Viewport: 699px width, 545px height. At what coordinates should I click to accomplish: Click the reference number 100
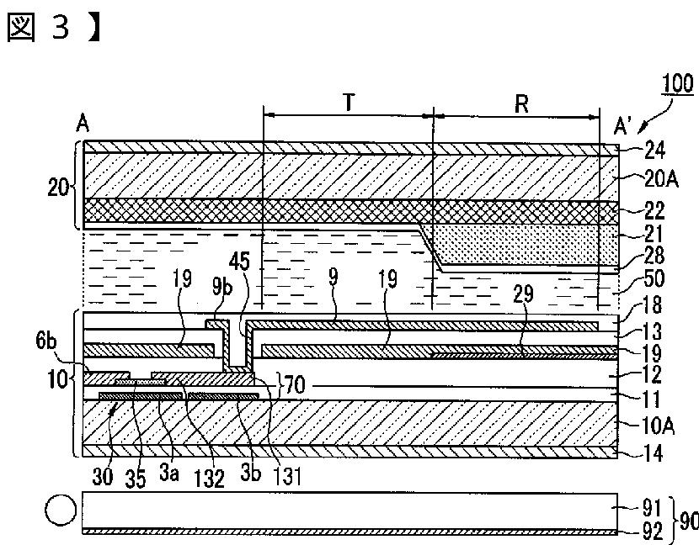click(678, 84)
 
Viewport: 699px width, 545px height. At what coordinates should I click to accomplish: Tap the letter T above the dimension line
click(349, 103)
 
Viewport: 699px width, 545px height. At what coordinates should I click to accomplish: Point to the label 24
click(654, 151)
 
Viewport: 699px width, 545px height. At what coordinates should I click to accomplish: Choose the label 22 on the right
click(654, 211)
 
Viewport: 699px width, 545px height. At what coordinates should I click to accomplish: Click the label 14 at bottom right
click(654, 454)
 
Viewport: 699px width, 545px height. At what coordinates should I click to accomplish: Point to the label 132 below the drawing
click(208, 479)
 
